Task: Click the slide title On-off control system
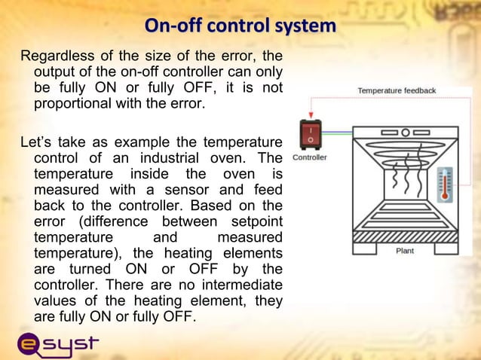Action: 240,26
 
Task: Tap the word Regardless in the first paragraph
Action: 57,56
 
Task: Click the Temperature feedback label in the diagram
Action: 397,91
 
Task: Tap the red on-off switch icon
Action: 309,135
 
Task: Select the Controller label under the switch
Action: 309,157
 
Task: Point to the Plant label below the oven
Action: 405,251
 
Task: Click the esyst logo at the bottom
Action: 58,343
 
